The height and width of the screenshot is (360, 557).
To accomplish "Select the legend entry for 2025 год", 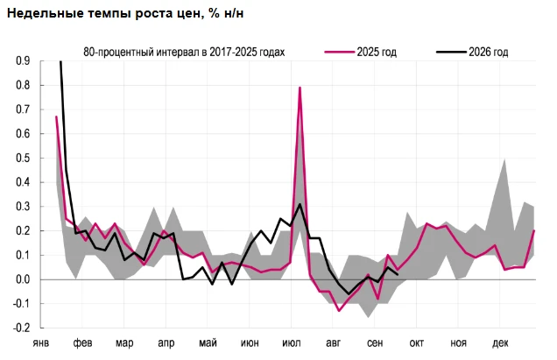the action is (x=360, y=52).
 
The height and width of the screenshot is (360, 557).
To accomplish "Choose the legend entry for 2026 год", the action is (x=472, y=52).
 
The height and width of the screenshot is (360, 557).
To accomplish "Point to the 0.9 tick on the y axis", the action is (x=23, y=61).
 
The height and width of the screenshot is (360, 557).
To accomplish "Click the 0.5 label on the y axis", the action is (x=23, y=159).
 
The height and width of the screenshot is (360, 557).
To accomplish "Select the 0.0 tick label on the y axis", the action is (x=23, y=279).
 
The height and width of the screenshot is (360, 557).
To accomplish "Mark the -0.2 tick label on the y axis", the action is (x=21, y=328).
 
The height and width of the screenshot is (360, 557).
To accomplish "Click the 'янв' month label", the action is (x=41, y=343).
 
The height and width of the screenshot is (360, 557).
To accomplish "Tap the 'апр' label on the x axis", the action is (x=166, y=343).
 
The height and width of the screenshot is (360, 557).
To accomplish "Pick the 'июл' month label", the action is (x=292, y=343).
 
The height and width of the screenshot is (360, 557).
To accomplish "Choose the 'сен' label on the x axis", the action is (x=375, y=343).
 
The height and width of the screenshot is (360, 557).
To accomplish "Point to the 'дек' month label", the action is (x=500, y=343).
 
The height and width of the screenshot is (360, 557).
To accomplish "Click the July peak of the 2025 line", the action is (x=300, y=88).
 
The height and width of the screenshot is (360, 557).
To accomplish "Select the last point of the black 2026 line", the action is (x=397, y=274).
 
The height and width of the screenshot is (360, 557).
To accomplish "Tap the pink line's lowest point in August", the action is (x=339, y=311).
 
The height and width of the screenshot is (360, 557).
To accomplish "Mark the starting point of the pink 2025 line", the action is (x=56, y=116).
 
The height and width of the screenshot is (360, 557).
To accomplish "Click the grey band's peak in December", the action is (x=504, y=159).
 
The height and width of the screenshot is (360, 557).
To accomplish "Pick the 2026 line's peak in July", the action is (x=300, y=204).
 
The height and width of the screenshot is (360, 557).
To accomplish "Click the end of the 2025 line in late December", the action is (x=534, y=230).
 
